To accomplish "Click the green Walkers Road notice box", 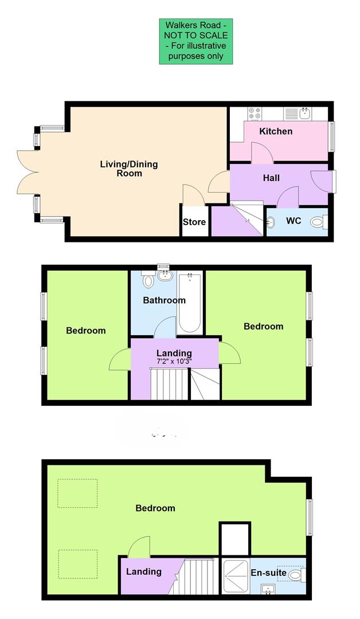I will pyautogui.click(x=196, y=41).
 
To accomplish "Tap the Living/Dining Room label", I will pyautogui.click(x=129, y=169).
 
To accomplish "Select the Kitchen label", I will pyautogui.click(x=276, y=131).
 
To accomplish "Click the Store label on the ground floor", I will pyautogui.click(x=194, y=222).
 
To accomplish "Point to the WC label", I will pyautogui.click(x=294, y=221).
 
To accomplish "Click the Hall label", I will pyautogui.click(x=271, y=178).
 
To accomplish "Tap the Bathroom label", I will pyautogui.click(x=164, y=300).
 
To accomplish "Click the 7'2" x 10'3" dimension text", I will pyautogui.click(x=174, y=362).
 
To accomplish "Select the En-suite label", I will pyautogui.click(x=267, y=573).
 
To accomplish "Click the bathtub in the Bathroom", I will pyautogui.click(x=189, y=303).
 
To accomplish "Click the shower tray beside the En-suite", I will pyautogui.click(x=234, y=576).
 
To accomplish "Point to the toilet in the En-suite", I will pyautogui.click(x=296, y=574).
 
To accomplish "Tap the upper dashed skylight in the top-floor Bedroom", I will pyautogui.click(x=77, y=493).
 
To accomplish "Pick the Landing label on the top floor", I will pyautogui.click(x=144, y=571).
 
